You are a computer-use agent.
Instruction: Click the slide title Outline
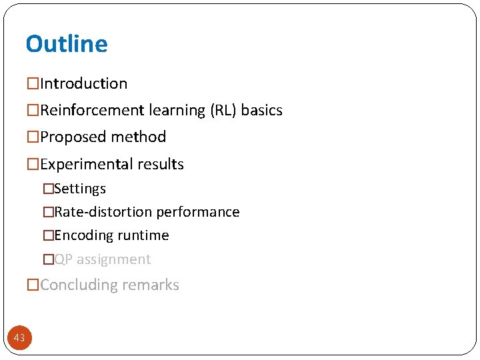[x=66, y=44]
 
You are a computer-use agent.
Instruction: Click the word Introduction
[x=83, y=84]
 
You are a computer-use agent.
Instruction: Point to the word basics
[x=262, y=111]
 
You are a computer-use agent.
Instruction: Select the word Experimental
[x=85, y=165]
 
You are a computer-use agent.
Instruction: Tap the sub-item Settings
[x=80, y=189]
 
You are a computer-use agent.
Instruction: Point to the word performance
[x=198, y=213]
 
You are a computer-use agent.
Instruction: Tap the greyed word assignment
[x=114, y=260]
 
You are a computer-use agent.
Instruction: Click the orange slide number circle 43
[x=19, y=338]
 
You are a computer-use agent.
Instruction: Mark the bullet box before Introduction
[x=33, y=84]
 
